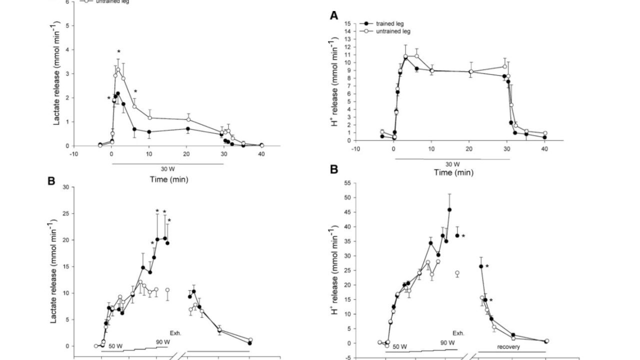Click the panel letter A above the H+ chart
pos(334,15)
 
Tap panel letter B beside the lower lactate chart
pos(51,181)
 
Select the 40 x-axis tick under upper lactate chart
pos(261,153)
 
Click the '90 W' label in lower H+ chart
pos(447,343)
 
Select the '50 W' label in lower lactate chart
pos(116,346)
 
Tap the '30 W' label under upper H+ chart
pos(452,163)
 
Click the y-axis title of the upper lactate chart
pos(57,73)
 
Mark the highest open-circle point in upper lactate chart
pos(118,69)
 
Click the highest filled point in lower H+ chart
pos(449,210)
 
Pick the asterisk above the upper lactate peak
pos(119,52)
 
